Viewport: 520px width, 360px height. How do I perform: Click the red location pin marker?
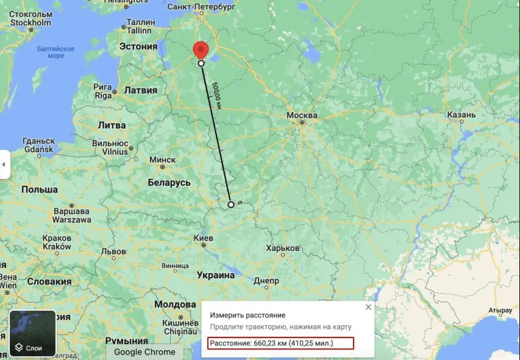201,51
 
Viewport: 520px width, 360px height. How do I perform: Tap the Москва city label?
302,116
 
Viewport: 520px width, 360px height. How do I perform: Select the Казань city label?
461,115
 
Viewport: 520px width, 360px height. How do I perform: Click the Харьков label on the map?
283,249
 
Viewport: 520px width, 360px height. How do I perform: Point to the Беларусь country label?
169,183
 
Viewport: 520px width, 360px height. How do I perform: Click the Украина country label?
214,275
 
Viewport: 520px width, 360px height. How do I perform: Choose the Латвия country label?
140,90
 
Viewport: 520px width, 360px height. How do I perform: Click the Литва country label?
112,125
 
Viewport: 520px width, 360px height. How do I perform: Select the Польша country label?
39,189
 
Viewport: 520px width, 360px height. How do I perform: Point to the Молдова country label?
175,303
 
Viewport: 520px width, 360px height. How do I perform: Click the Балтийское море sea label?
55,52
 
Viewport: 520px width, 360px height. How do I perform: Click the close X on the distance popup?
368,308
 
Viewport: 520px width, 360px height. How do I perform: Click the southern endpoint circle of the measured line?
230,205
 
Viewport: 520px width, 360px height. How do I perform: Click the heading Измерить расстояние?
248,316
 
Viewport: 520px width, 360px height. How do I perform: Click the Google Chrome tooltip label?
144,351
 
